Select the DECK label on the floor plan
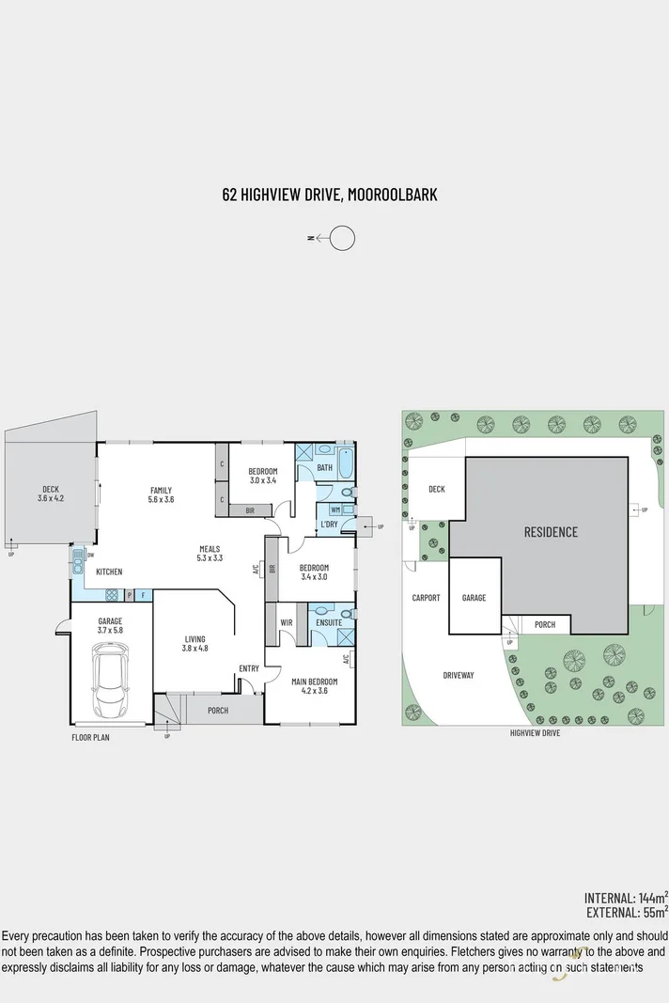[51, 488]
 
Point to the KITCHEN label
[109, 572]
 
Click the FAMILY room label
[161, 490]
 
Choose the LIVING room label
[194, 639]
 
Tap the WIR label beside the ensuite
[286, 622]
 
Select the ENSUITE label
[329, 622]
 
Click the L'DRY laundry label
[329, 524]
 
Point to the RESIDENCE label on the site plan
[551, 532]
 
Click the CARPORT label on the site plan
[426, 598]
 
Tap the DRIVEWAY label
[459, 675]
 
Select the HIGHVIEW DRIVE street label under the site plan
[535, 733]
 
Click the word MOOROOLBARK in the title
[392, 195]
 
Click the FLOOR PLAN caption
[90, 738]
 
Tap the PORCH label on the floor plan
[217, 710]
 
